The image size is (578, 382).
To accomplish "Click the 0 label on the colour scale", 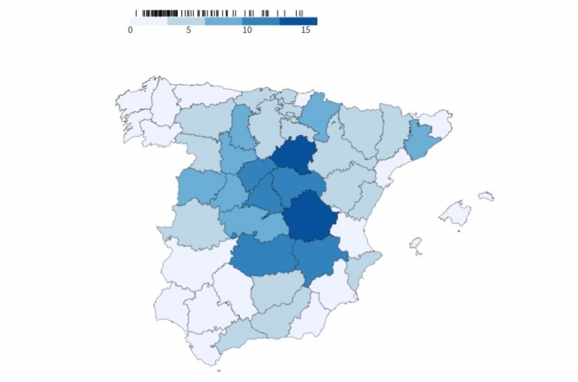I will tap(131, 30).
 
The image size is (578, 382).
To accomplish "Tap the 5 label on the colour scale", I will tap(188, 30).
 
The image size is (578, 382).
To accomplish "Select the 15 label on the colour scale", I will tap(305, 30).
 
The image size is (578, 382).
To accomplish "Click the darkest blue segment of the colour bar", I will tap(298, 20).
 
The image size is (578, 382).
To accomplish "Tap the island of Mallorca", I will tap(456, 213).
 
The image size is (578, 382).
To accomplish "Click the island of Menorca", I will tap(486, 195).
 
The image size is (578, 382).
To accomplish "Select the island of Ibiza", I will tap(414, 243).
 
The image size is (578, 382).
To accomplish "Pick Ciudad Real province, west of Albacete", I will tap(264, 255).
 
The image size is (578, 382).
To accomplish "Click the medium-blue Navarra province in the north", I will tap(321, 114).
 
